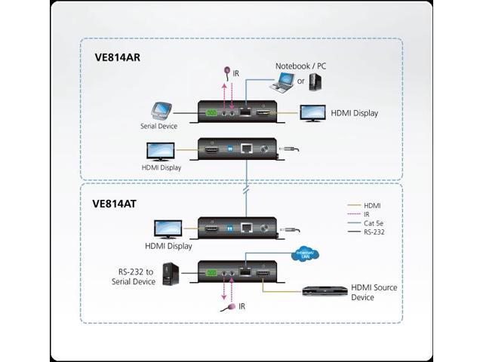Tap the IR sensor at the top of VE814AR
226,72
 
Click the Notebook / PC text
300,66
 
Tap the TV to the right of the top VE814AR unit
313,113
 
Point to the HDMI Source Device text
374,292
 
